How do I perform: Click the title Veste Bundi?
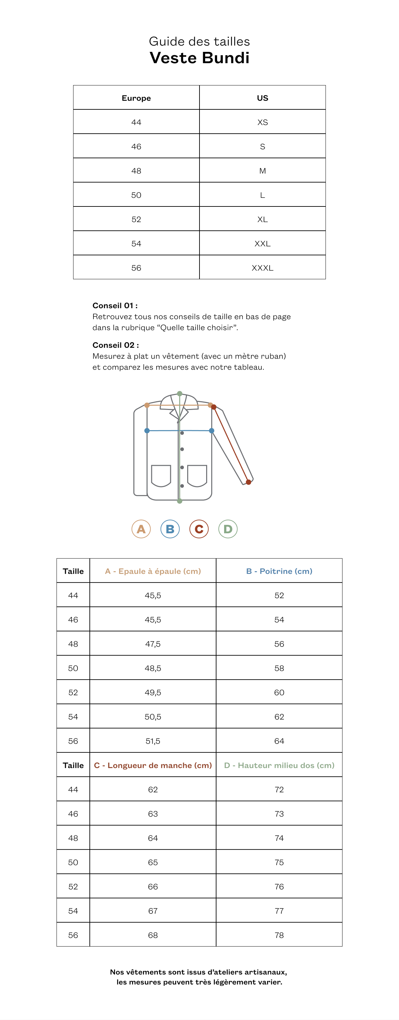[199, 58]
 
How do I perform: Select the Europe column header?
[136, 98]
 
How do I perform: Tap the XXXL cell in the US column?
[262, 268]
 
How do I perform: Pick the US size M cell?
[262, 171]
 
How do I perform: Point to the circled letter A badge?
[141, 529]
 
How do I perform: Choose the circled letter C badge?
[199, 529]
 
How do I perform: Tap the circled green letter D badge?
[228, 529]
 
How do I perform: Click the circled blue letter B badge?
[170, 529]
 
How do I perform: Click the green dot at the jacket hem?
[180, 501]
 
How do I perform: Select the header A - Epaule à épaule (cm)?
[153, 571]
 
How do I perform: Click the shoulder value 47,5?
[153, 644]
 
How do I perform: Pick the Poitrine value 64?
[279, 741]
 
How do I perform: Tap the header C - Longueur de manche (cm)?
[153, 765]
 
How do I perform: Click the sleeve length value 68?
[153, 935]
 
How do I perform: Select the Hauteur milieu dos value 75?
[279, 862]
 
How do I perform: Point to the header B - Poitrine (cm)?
[279, 571]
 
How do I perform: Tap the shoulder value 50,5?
[153, 717]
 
